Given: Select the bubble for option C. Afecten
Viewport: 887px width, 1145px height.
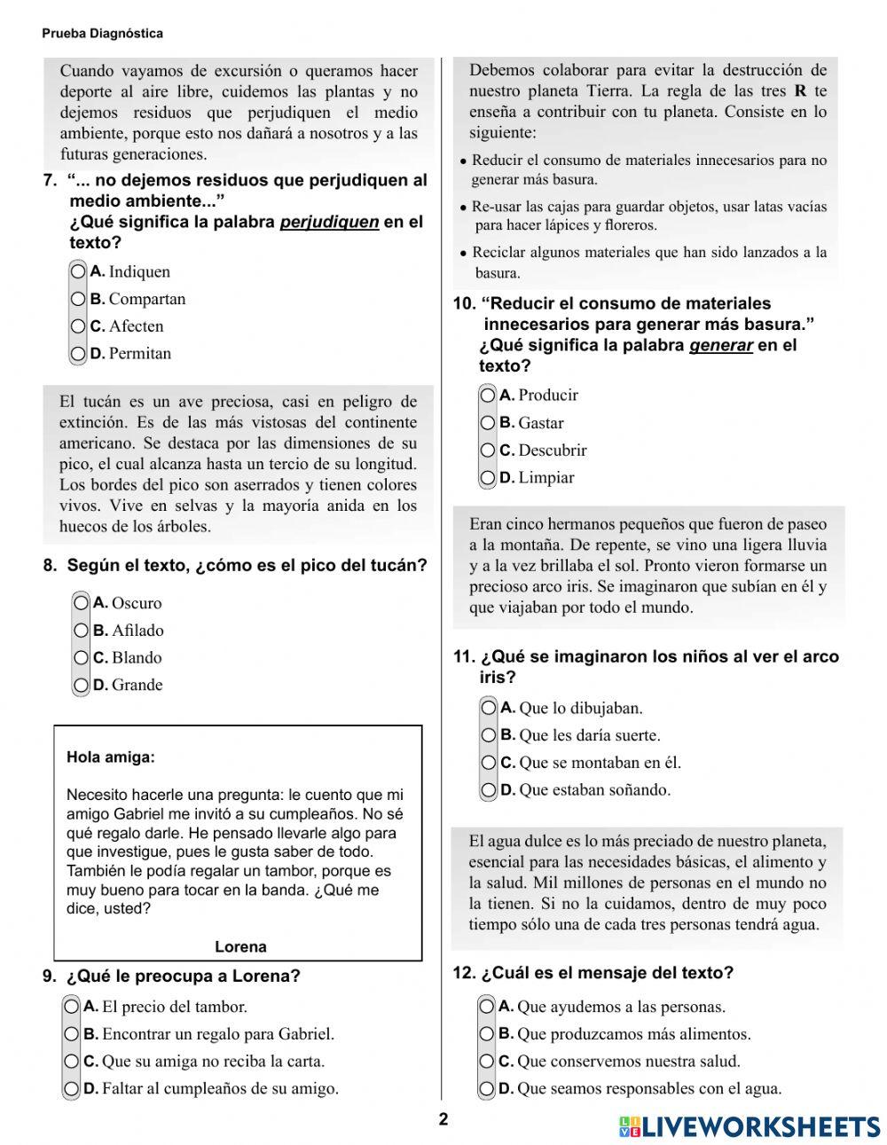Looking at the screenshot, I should click(x=79, y=326).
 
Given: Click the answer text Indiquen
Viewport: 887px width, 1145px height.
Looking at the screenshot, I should click(x=139, y=271).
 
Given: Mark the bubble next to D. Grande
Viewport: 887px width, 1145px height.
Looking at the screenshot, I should click(x=82, y=685).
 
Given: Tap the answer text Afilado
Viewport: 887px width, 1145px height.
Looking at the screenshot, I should click(x=137, y=631).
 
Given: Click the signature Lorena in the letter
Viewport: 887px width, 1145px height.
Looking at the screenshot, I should click(x=240, y=946).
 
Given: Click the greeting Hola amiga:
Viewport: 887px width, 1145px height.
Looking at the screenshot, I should click(x=110, y=757).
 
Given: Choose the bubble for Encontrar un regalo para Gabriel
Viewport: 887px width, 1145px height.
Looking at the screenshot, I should click(x=72, y=1034).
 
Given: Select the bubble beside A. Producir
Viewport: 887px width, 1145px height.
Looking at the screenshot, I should click(x=488, y=395).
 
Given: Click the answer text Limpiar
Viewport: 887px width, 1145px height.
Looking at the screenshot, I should click(x=546, y=477).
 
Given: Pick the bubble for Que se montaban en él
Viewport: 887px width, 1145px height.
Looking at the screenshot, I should click(x=489, y=763).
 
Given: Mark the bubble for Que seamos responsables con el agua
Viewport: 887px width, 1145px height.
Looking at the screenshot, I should click(x=487, y=1088).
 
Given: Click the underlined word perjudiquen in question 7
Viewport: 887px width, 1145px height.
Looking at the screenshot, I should click(x=329, y=222).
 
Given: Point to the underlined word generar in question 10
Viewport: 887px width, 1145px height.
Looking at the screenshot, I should click(x=720, y=345).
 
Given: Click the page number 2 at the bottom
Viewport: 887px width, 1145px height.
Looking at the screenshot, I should click(x=443, y=1119).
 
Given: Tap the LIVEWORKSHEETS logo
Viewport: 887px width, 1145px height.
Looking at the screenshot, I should click(x=750, y=1126).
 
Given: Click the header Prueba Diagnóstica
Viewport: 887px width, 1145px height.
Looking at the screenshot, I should click(x=102, y=34).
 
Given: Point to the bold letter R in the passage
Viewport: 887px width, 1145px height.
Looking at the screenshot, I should click(x=800, y=90).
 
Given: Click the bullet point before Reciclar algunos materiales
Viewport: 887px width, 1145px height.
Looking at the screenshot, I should click(x=463, y=253).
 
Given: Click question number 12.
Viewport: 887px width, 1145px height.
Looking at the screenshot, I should click(x=464, y=972).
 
